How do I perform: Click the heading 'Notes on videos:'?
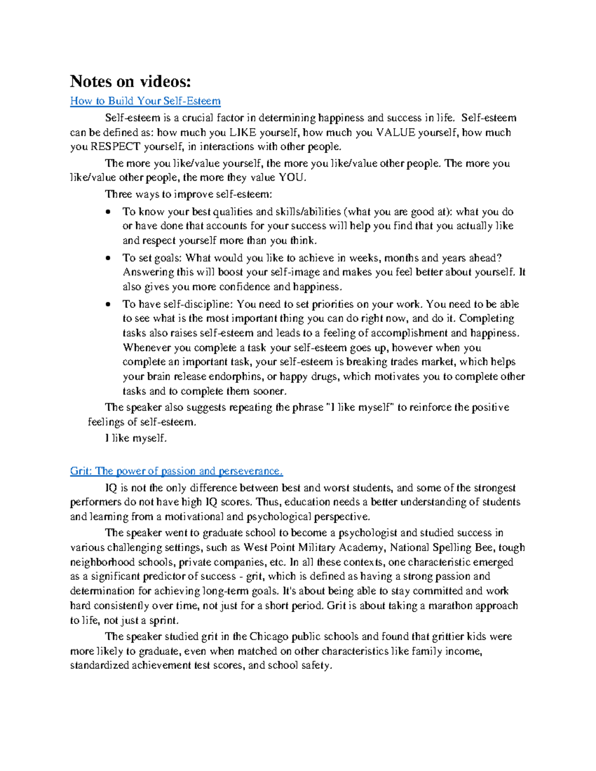[x=130, y=81]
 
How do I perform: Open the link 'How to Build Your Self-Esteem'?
[x=145, y=101]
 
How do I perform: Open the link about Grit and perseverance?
[x=176, y=471]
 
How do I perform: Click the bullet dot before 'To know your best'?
[x=108, y=212]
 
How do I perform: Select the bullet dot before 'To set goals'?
[x=108, y=258]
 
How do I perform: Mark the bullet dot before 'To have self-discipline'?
[x=108, y=304]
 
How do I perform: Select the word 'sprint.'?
[x=163, y=621]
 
